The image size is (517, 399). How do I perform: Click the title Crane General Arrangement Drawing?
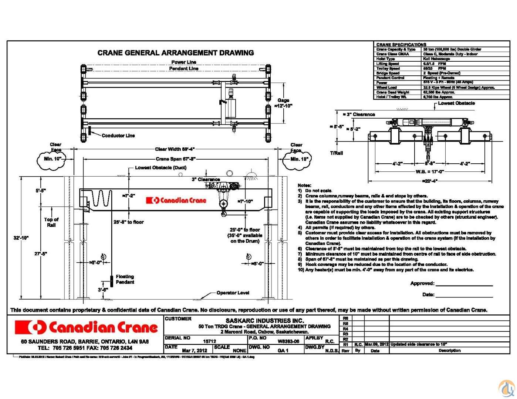(176, 53)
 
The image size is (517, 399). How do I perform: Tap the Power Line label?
(184, 62)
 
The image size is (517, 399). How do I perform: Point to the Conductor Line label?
(118, 136)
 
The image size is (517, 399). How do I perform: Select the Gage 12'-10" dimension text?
(283, 103)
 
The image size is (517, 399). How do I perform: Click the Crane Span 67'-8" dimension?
(176, 159)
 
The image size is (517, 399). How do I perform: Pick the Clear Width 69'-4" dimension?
(175, 149)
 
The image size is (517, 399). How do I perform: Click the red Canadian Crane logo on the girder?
(176, 200)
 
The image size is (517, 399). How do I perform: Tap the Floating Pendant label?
(125, 279)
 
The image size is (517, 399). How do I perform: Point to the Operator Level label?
(233, 293)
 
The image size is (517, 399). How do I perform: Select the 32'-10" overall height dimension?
(21, 238)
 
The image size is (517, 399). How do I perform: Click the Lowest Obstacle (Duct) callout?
(160, 168)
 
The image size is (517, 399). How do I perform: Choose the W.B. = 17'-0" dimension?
(429, 172)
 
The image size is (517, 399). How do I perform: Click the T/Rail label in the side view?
(336, 153)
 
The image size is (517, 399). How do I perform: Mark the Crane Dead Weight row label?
(393, 92)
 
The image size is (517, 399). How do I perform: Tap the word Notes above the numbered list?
(304, 185)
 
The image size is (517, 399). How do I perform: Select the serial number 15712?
(210, 342)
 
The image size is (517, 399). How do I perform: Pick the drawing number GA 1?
(283, 350)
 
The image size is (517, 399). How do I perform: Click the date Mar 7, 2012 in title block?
(195, 350)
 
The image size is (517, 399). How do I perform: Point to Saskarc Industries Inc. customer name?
(265, 321)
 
